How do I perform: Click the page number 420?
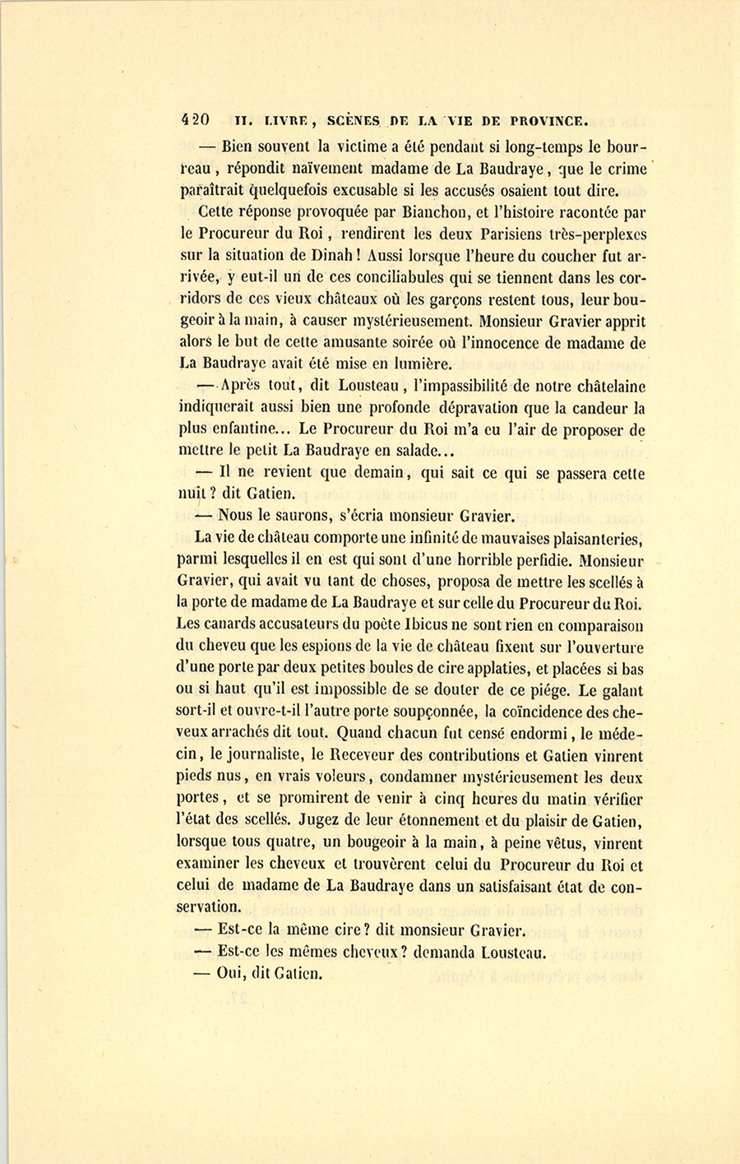195,120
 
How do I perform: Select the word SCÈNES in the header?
354,120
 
